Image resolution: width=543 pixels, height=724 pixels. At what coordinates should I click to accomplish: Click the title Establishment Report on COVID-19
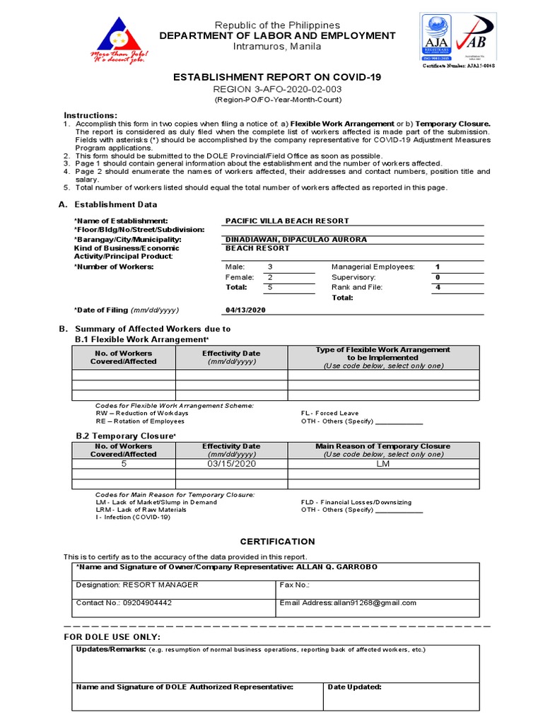271,77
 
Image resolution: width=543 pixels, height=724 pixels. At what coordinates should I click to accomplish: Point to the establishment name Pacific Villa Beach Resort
287,221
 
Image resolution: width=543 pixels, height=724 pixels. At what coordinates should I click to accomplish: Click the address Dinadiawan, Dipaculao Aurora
296,240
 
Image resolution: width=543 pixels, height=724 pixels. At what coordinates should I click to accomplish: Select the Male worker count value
269,267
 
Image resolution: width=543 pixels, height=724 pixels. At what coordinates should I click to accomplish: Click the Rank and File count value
438,287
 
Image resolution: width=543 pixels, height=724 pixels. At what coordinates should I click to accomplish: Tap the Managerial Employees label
373,267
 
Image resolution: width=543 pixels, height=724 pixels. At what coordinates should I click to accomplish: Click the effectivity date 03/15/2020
231,464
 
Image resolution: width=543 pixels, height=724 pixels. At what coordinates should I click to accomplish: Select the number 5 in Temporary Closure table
124,464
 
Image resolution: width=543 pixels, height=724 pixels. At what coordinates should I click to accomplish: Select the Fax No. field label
295,585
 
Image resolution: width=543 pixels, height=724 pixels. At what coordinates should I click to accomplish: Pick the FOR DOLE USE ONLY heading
112,637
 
